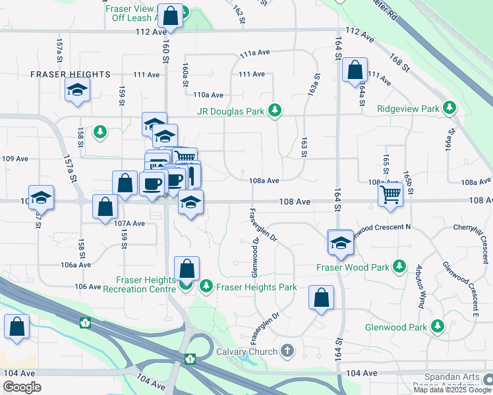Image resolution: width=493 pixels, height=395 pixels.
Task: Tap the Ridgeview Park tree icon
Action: pos(450,107)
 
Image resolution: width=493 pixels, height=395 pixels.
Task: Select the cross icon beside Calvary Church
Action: pos(287,351)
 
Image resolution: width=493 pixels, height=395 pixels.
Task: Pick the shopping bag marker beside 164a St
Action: pos(355,70)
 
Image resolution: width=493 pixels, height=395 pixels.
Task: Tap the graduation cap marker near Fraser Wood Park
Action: pos(340,242)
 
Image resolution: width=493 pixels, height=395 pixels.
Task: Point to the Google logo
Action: pos(22,387)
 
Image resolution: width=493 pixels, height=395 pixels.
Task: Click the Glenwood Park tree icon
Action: pos(437,327)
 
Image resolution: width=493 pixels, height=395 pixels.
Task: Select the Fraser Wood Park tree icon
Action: pos(399,267)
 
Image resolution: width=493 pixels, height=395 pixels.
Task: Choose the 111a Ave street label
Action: pos(256,53)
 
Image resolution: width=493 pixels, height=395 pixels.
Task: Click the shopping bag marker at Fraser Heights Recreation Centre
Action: pos(187,269)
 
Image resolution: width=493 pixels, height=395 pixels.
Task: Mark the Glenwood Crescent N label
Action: pos(382,227)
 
